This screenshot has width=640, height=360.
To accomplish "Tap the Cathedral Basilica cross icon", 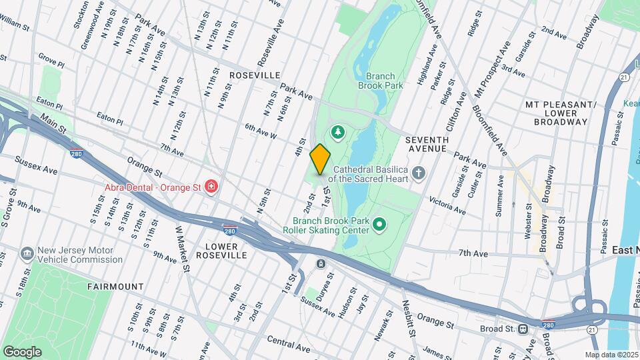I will (x=419, y=174).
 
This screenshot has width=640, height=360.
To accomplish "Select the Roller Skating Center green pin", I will (x=380, y=224).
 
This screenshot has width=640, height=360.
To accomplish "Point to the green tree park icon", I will (x=339, y=132).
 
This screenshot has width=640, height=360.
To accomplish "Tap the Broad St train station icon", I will (x=524, y=329).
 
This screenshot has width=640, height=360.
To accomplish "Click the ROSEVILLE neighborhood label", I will (x=254, y=76).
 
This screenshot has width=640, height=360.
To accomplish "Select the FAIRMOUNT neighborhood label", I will (x=115, y=287).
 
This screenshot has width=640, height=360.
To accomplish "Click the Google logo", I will (x=21, y=351).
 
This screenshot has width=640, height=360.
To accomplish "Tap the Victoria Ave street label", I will (x=447, y=205).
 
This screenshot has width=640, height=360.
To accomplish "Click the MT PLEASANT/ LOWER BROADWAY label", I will (x=560, y=113).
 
